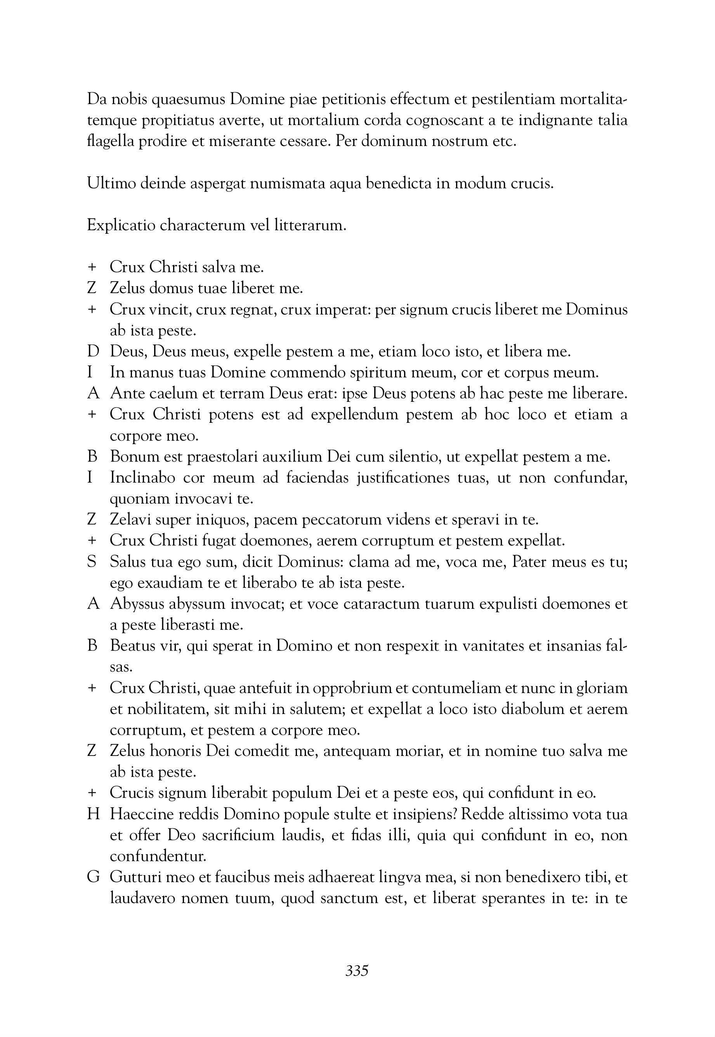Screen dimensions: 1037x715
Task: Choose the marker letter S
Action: pos(92,562)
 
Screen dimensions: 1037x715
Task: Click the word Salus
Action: pos(127,562)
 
